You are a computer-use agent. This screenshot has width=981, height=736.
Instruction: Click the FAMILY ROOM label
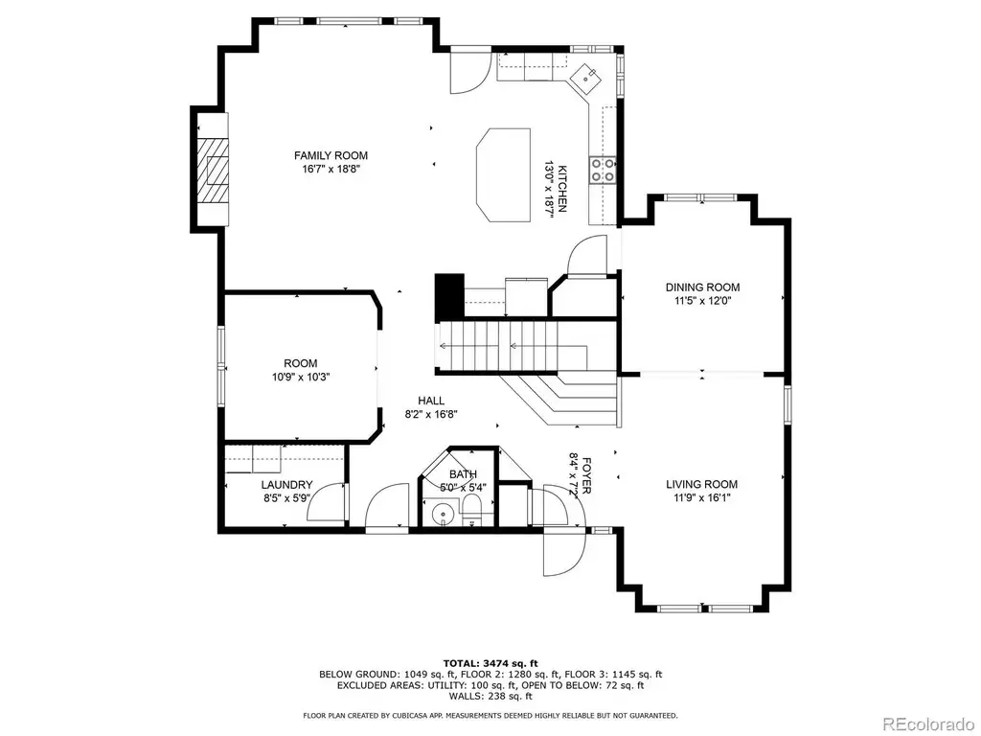[x=331, y=156]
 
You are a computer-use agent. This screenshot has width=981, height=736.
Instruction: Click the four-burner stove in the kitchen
[x=602, y=171]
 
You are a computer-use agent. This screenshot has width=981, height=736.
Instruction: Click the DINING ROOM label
[x=702, y=287]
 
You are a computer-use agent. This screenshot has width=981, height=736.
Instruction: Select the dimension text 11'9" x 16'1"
[x=701, y=498]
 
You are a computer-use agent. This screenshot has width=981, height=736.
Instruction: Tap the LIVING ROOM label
[x=701, y=484]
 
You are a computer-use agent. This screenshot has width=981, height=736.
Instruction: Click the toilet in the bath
[x=470, y=508]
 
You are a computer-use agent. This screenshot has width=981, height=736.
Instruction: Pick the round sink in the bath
[x=443, y=514]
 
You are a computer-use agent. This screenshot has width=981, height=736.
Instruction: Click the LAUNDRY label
[x=286, y=485]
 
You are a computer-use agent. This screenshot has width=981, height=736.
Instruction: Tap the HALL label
[x=431, y=402]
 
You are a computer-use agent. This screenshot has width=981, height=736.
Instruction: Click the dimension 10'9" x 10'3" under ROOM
[x=300, y=378]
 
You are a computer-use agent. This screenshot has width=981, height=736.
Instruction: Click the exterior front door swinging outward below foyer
[x=564, y=551]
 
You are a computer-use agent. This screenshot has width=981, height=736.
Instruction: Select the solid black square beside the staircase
[x=449, y=298]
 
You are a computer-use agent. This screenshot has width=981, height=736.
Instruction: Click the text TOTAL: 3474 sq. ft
[x=490, y=663]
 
